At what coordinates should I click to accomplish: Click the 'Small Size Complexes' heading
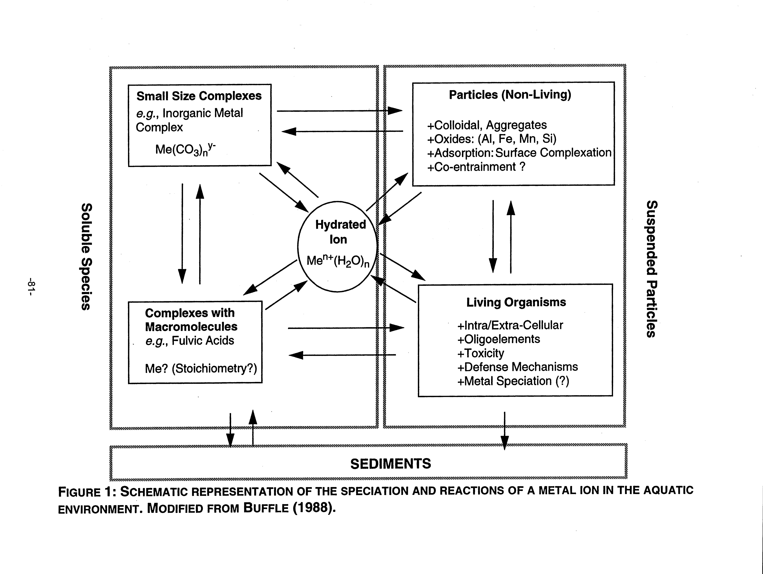(x=199, y=96)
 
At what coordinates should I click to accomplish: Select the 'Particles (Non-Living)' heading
(x=510, y=94)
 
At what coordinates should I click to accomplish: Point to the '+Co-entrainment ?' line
(x=476, y=167)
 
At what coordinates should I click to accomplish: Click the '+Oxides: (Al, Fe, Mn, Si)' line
(x=492, y=139)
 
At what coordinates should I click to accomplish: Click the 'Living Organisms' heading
(x=516, y=302)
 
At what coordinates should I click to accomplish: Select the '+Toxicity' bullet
(x=480, y=353)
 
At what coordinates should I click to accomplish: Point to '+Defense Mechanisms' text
(x=517, y=367)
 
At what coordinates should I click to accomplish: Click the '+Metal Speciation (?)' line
(x=513, y=381)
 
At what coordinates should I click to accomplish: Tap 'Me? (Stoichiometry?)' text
(x=201, y=368)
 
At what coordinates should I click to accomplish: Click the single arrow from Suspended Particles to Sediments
(x=504, y=431)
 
